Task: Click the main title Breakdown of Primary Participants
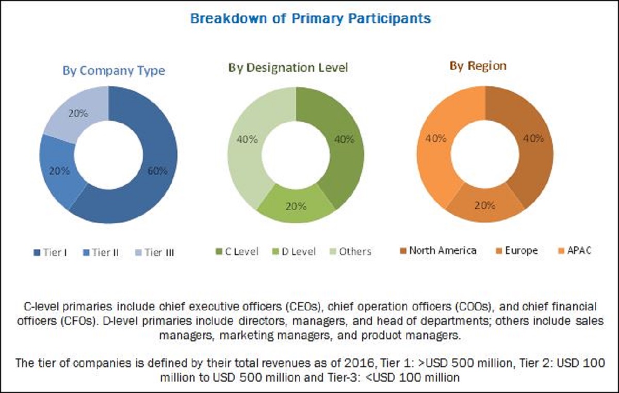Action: [310, 19]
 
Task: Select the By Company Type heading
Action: [114, 71]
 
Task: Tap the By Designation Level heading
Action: [288, 68]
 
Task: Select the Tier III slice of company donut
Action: [79, 114]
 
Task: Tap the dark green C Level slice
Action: [344, 139]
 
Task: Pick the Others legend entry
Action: [350, 251]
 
